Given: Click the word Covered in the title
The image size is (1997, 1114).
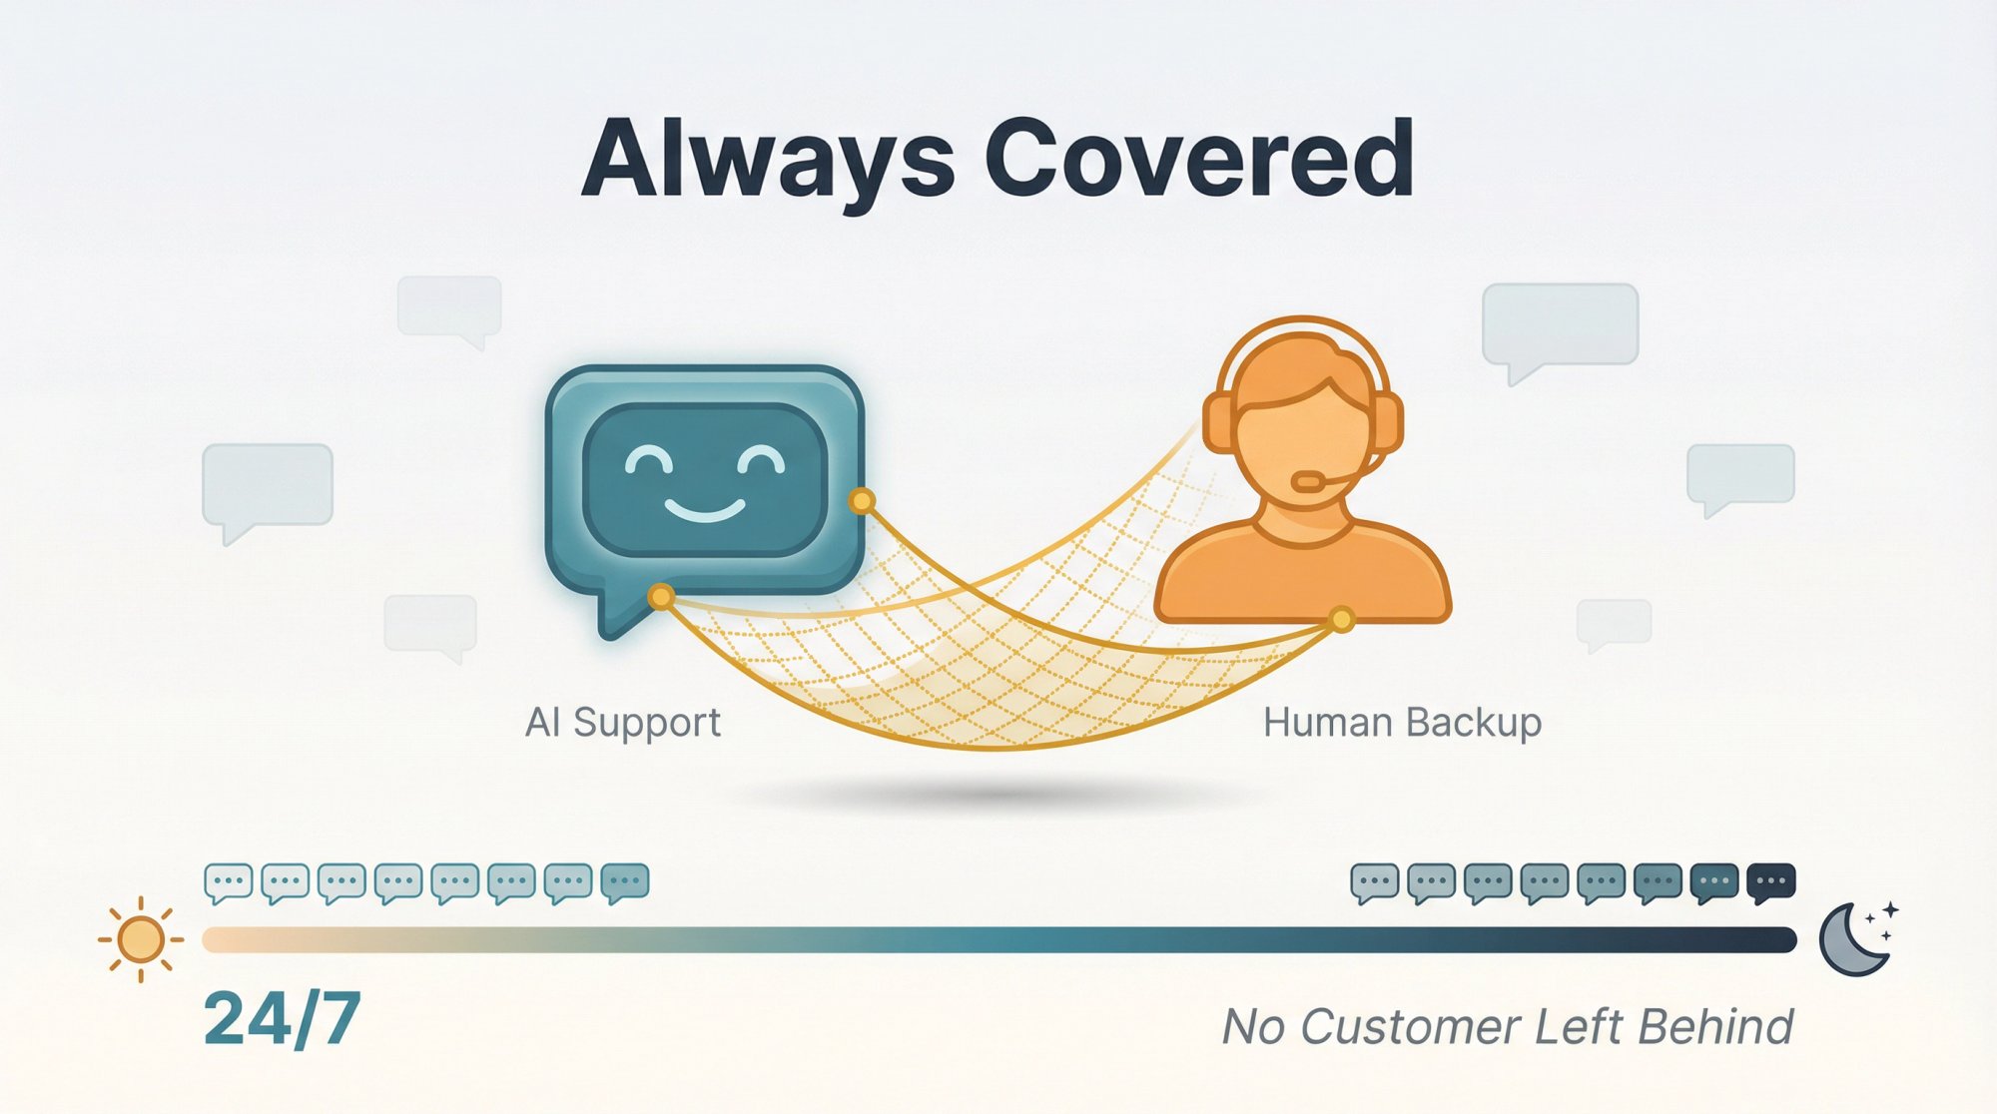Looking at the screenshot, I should coord(1198,160).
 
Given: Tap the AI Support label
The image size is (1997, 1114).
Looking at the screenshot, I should coord(623,722).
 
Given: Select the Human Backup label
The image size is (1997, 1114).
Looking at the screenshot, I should coord(1402,722).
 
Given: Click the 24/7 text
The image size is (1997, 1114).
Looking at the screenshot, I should coord(282,1020).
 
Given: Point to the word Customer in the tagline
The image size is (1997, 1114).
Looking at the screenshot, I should coord(1408,1027).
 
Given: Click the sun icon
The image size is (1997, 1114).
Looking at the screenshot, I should coord(140,939).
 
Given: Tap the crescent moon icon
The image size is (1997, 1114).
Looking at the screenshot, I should coord(1853,940).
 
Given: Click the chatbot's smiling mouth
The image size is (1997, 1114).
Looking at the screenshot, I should coord(705,514).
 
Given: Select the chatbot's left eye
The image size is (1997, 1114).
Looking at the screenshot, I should coord(649,462).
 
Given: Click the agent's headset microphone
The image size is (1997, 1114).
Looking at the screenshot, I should coord(1308,482).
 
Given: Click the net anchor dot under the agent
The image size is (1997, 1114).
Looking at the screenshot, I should coord(1342,620).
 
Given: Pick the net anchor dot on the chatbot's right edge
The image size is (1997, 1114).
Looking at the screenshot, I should coord(861,500).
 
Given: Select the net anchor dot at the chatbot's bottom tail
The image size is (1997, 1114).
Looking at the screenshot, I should coord(660,597).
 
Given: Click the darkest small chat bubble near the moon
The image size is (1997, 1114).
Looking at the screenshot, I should coord(1771,882).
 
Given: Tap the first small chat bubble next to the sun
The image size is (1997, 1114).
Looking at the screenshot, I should coord(228,882).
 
